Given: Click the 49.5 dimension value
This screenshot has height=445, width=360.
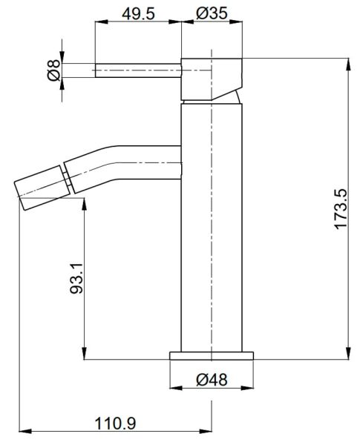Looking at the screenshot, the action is [138, 13].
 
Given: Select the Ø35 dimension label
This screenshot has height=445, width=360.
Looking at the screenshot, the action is [212, 13].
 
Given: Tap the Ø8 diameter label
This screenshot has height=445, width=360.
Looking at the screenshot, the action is [54, 70].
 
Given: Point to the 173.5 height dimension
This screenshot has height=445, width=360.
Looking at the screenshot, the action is [341, 209].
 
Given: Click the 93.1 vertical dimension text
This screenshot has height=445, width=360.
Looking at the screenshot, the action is [76, 278].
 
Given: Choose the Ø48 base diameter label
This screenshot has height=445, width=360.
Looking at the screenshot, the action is [212, 380].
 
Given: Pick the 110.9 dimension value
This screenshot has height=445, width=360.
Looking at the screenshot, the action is [115, 423].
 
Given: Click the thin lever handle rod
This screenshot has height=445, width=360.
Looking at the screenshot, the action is [138, 70].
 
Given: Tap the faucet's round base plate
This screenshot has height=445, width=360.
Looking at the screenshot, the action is [212, 355].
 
